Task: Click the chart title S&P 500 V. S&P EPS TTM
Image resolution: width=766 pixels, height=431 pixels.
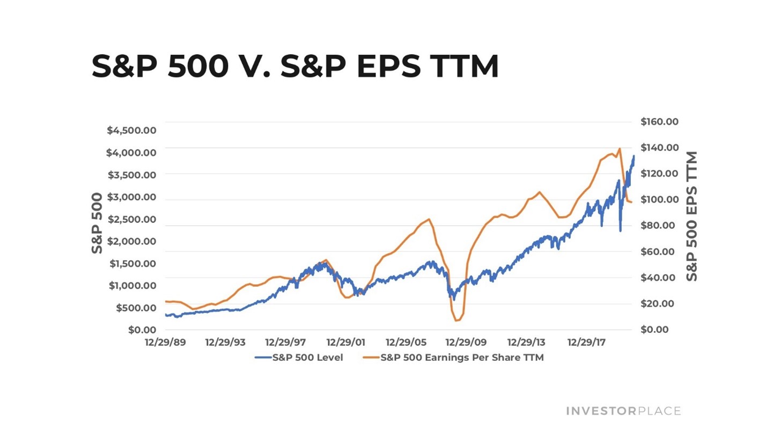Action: click(295, 66)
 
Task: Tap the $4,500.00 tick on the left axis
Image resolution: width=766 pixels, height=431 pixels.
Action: click(131, 130)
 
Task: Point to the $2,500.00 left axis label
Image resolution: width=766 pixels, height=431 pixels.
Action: click(132, 219)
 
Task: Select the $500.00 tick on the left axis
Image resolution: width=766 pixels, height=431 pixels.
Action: click(136, 308)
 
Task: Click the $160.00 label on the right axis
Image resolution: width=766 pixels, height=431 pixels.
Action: click(659, 121)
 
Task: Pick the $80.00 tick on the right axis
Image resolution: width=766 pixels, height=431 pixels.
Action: click(658, 225)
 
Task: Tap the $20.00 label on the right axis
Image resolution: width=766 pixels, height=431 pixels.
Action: click(657, 303)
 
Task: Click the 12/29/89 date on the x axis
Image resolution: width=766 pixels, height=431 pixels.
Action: click(165, 342)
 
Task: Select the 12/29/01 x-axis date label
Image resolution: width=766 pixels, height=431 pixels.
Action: click(346, 342)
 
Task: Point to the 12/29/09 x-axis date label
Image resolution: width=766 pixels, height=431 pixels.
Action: click(466, 342)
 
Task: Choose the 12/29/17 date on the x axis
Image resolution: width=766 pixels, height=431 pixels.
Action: click(586, 342)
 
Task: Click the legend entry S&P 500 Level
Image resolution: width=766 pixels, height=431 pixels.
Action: click(299, 358)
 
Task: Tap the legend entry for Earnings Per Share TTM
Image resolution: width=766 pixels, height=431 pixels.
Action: click(453, 358)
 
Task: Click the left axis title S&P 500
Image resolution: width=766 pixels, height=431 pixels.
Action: click(97, 223)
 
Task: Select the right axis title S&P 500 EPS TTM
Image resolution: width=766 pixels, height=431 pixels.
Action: click(691, 217)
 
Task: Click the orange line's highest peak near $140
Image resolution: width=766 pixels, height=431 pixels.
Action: click(620, 148)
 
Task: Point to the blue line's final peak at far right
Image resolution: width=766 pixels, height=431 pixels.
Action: click(634, 156)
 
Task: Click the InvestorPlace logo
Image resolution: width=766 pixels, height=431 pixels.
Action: click(623, 411)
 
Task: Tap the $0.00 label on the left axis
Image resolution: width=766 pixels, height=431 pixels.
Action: click(142, 330)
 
